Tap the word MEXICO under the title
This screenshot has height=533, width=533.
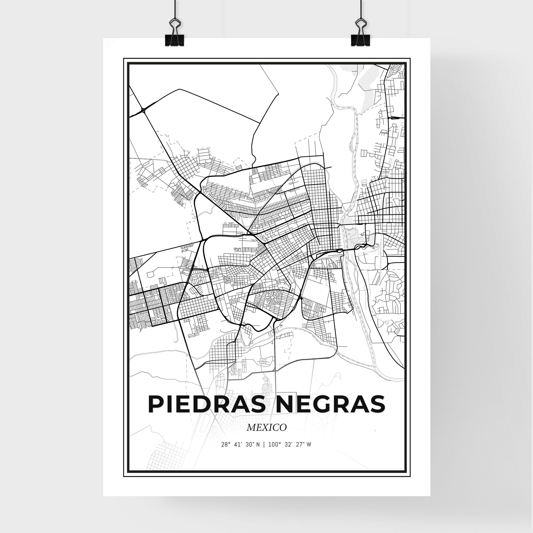(x=266, y=428)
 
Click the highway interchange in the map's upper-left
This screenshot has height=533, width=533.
(x=143, y=110)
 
